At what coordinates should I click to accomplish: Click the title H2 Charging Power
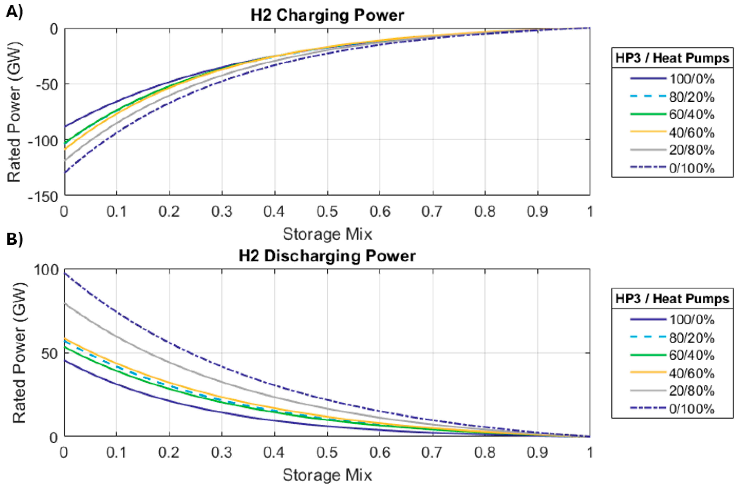coord(327,16)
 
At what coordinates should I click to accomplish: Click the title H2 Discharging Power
coord(327,256)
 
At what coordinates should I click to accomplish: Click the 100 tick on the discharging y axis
coord(46,269)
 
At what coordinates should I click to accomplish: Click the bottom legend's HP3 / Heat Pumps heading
coord(672,299)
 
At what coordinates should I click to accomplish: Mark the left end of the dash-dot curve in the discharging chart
coord(65,273)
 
